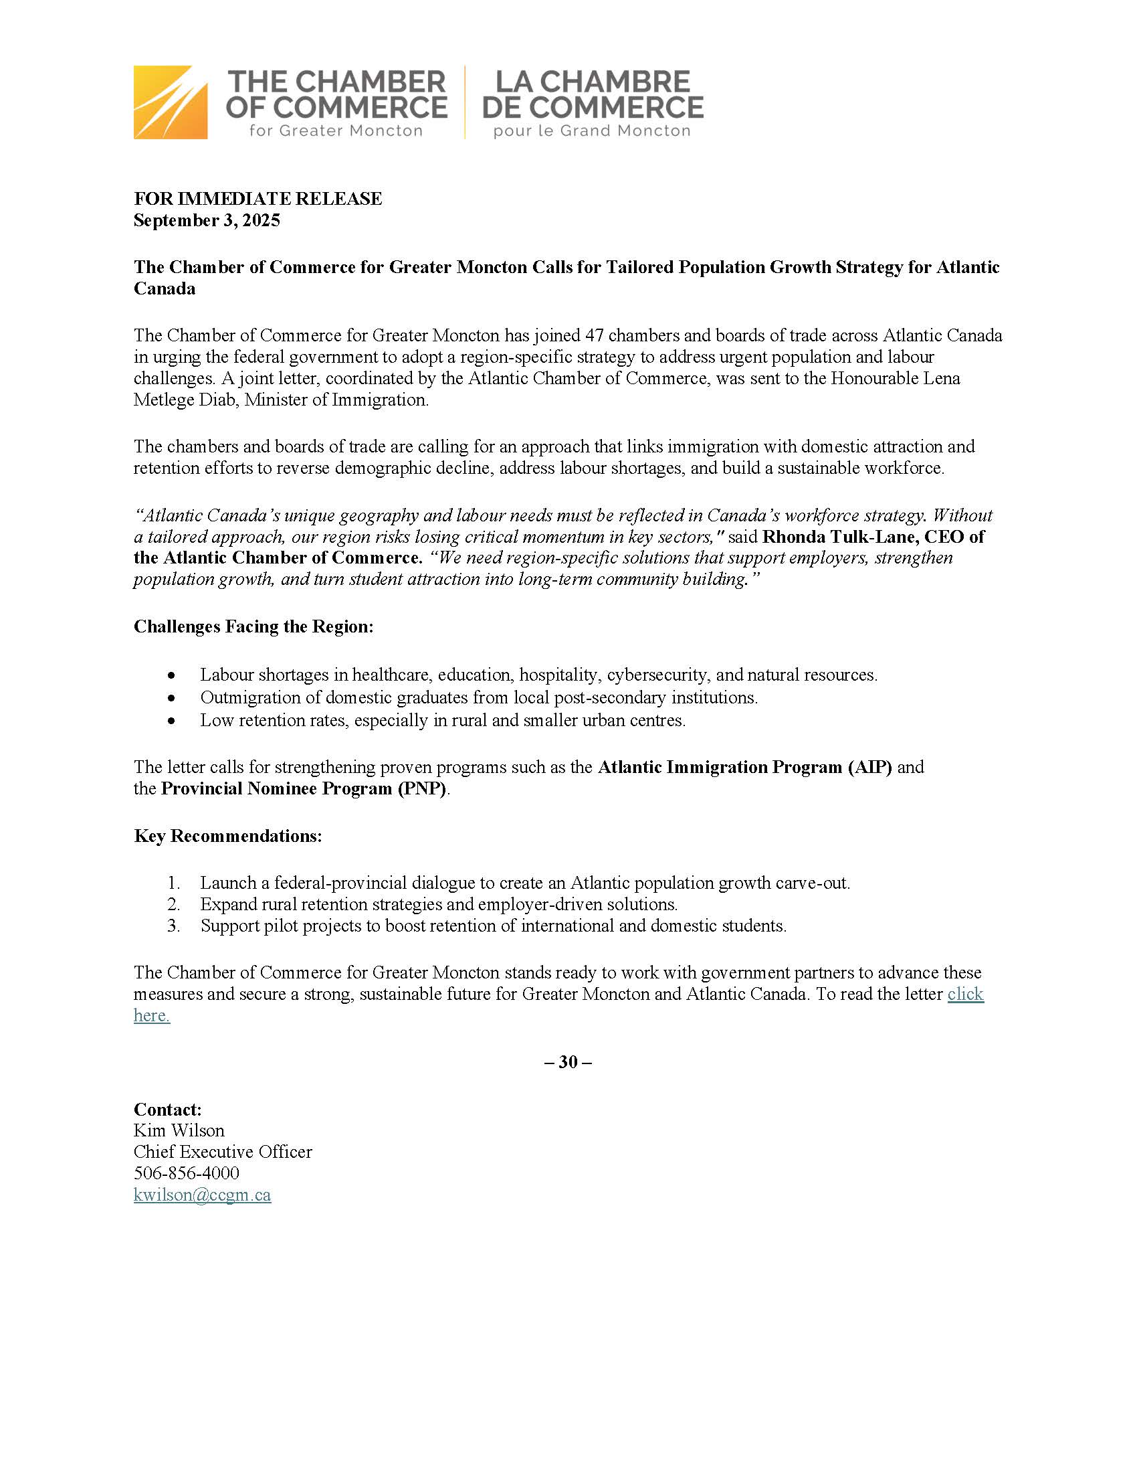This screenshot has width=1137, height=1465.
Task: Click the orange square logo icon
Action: click(x=171, y=102)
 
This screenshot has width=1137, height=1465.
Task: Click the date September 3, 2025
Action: click(x=207, y=221)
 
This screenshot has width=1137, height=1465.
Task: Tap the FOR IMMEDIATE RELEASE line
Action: click(x=257, y=199)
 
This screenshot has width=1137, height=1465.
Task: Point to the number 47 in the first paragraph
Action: click(x=594, y=335)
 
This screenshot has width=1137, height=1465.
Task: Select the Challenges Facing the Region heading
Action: click(x=253, y=626)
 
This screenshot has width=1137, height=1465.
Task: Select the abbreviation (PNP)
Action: click(x=421, y=789)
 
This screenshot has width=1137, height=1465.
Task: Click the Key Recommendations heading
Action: click(x=228, y=836)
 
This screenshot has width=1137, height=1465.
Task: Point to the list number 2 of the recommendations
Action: click(x=174, y=904)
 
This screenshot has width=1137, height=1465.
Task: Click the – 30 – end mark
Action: click(x=568, y=1062)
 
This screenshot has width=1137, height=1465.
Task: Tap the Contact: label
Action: click(x=168, y=1109)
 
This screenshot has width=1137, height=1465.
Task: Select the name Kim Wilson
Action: click(x=179, y=1130)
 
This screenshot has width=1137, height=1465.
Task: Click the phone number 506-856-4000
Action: click(x=187, y=1173)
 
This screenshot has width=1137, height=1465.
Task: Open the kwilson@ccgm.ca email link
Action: click(x=203, y=1195)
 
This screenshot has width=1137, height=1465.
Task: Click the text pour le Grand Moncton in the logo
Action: click(x=592, y=131)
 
